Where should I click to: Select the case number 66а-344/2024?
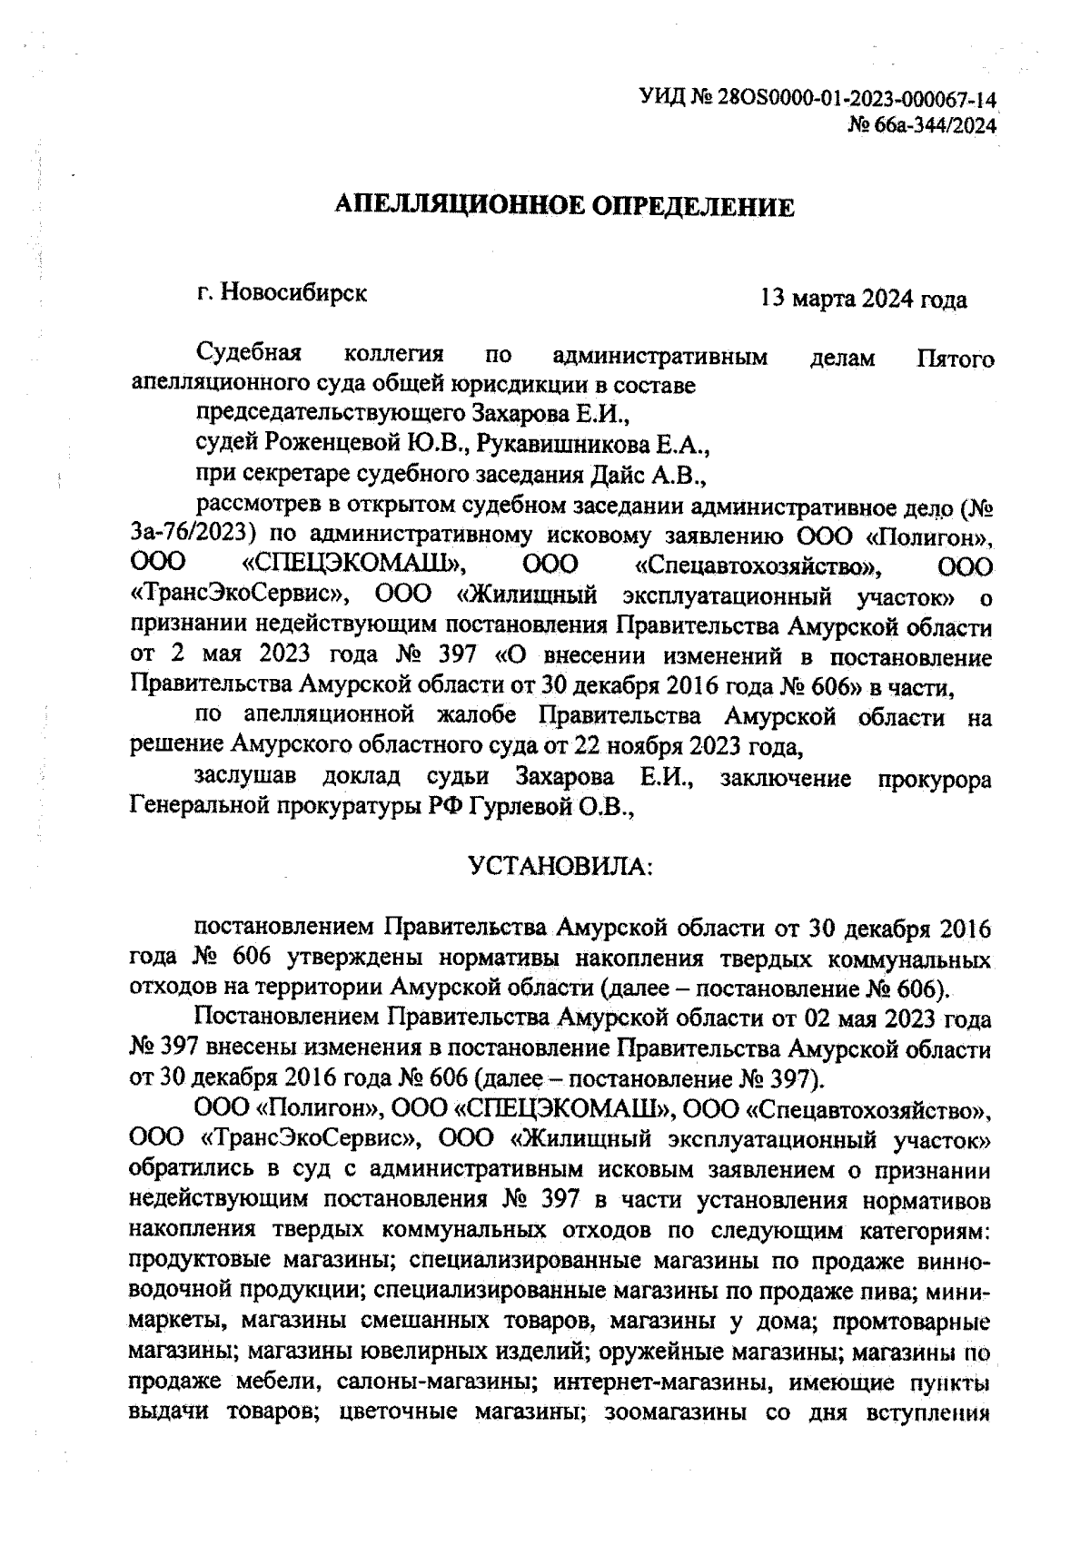tap(935, 124)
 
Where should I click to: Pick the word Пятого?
tap(956, 358)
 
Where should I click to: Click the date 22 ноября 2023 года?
tap(688, 746)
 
